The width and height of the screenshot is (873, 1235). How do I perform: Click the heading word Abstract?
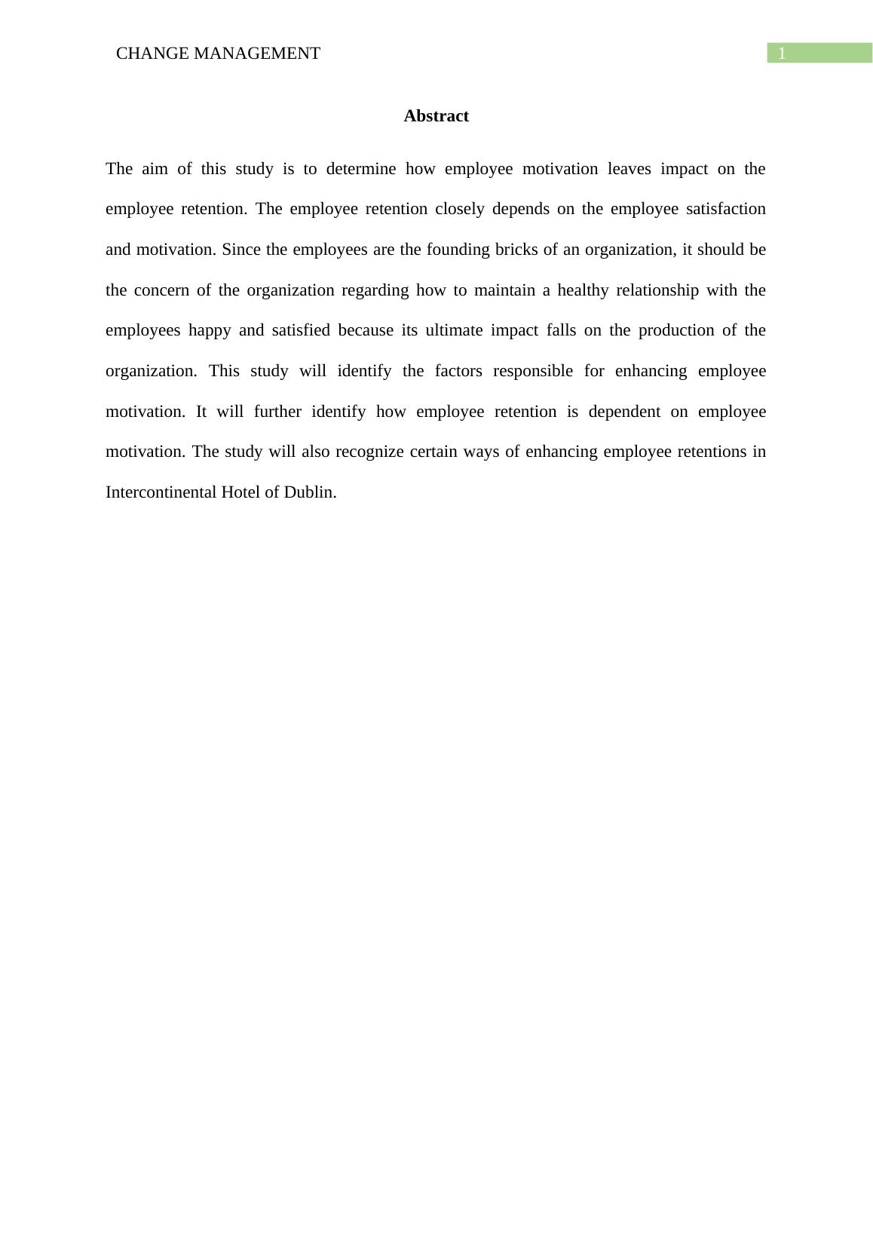click(x=436, y=116)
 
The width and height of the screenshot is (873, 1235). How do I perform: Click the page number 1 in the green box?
click(x=782, y=54)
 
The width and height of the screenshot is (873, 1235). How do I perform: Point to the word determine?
click(x=361, y=169)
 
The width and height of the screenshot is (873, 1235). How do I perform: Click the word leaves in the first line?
click(x=629, y=169)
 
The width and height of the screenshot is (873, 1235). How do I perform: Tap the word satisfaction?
click(x=726, y=209)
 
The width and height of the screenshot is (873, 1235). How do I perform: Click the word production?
click(x=673, y=330)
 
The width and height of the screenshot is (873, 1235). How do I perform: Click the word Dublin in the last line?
click(x=309, y=492)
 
